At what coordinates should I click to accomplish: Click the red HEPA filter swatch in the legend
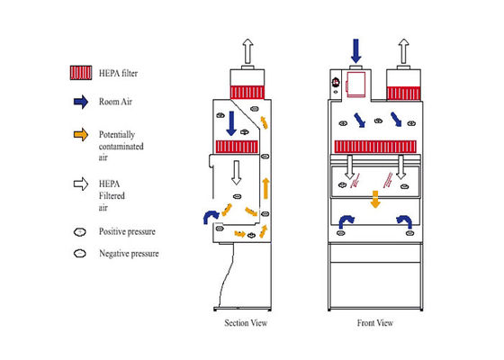[x=81, y=73]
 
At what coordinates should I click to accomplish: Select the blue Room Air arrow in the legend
[x=81, y=102]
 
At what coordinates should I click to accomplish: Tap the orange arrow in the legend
[x=81, y=134]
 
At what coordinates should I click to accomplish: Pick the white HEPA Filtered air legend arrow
[x=81, y=184]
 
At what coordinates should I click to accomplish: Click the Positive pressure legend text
[x=127, y=231]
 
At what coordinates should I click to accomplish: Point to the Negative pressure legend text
[x=129, y=253]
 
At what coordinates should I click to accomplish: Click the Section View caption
[x=246, y=323]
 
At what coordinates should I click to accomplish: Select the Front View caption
[x=375, y=323]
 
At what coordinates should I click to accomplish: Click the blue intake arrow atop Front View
[x=355, y=51]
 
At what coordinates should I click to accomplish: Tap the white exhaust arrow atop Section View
[x=247, y=51]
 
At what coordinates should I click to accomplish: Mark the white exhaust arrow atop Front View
[x=404, y=51]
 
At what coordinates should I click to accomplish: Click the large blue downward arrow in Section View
[x=231, y=123]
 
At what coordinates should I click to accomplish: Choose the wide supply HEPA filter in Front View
[x=375, y=147]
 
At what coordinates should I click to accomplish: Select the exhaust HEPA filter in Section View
[x=247, y=92]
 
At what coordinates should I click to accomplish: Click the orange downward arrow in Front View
[x=375, y=199]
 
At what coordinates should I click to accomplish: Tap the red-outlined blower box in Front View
[x=355, y=85]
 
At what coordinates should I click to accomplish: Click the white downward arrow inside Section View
[x=236, y=173]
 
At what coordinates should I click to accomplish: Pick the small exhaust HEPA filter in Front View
[x=403, y=94]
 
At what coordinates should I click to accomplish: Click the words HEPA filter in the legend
[x=118, y=73]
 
